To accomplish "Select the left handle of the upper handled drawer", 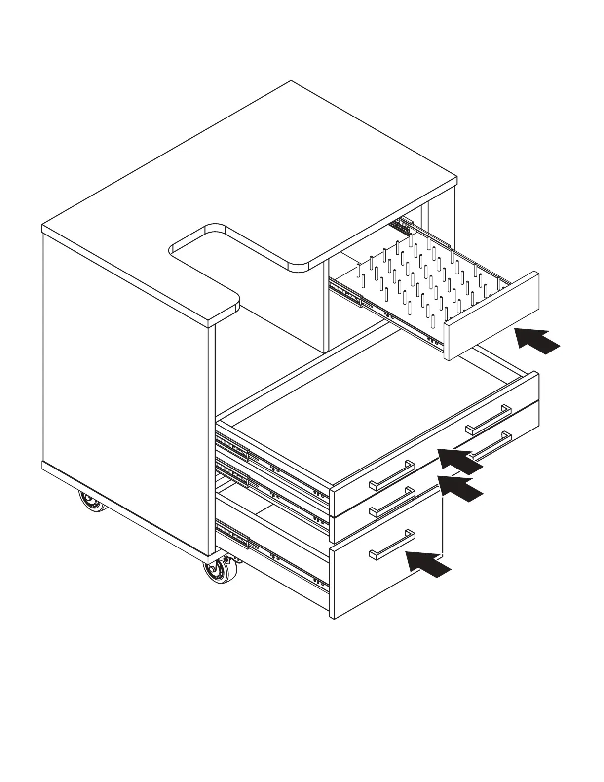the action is point(392,475).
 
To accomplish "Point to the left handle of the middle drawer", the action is point(392,502).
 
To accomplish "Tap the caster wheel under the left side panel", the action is point(92,502).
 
